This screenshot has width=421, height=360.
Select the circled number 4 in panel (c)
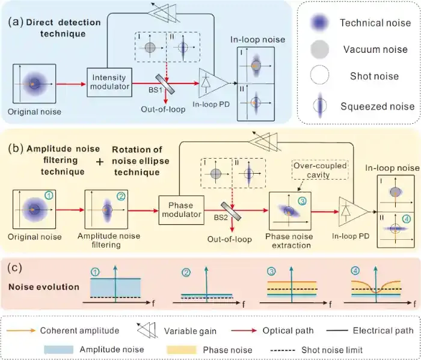[355, 272]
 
